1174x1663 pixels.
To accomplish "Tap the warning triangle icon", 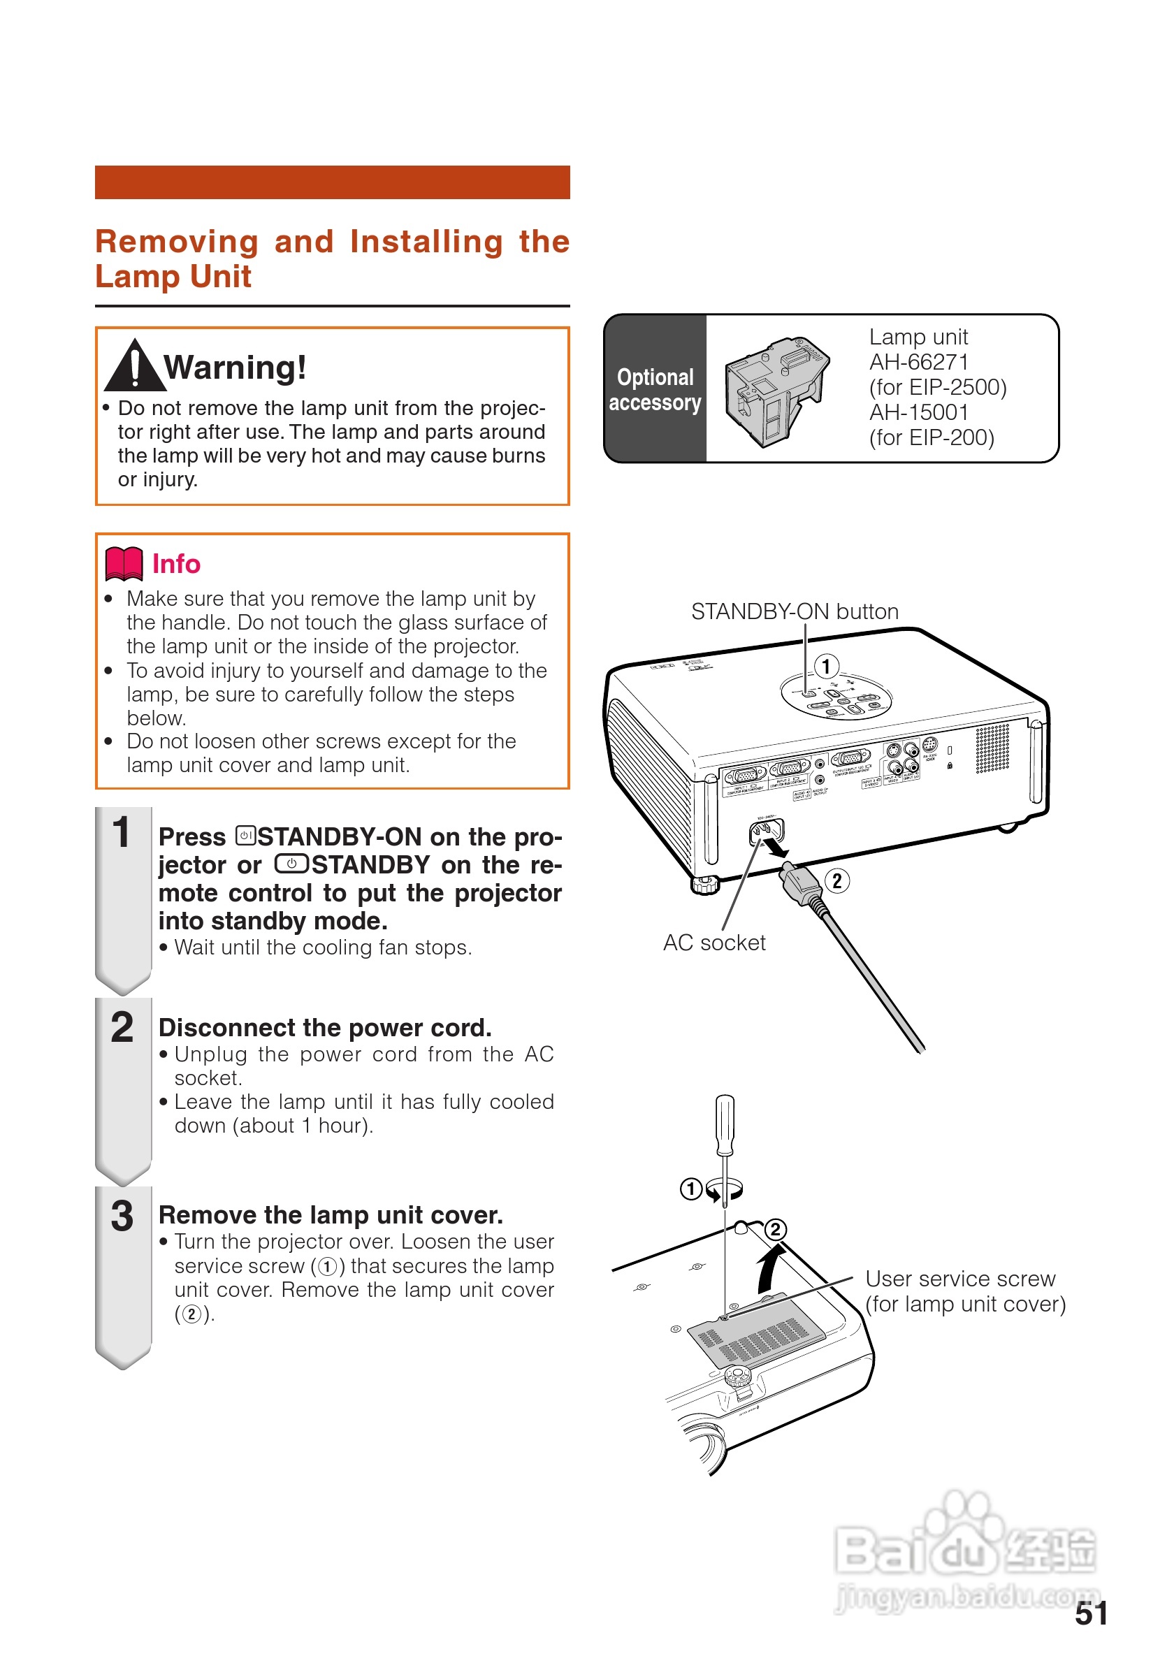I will tap(135, 365).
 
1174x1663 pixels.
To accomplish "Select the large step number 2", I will tap(122, 1027).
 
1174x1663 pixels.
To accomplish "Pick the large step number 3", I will tap(122, 1216).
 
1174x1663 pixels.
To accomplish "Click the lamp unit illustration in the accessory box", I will tap(776, 391).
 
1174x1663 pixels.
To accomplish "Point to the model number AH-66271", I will tap(918, 362).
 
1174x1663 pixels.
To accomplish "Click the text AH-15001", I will tap(918, 412).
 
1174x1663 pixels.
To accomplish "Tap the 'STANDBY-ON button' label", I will tap(795, 612).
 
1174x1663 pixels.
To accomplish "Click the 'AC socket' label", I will tap(714, 943).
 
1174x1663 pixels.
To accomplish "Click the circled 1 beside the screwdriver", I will tap(690, 1189).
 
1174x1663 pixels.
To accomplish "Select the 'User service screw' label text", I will tap(960, 1279).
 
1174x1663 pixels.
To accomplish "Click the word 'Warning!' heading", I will tap(235, 368).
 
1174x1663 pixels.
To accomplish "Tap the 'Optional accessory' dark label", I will tap(655, 389).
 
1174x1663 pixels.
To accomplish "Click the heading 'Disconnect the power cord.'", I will tap(325, 1028).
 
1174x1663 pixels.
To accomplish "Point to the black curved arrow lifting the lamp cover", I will tap(769, 1268).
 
